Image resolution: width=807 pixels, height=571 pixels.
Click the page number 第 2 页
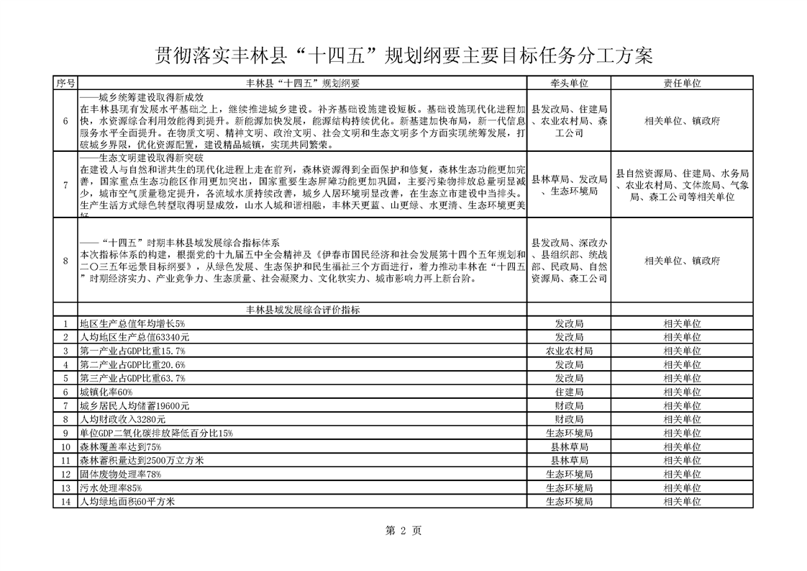(x=403, y=531)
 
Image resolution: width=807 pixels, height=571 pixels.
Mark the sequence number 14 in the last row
(x=65, y=501)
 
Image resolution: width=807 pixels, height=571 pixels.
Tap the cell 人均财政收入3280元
(x=123, y=419)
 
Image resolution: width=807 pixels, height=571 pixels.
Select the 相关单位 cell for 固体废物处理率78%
(x=682, y=474)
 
